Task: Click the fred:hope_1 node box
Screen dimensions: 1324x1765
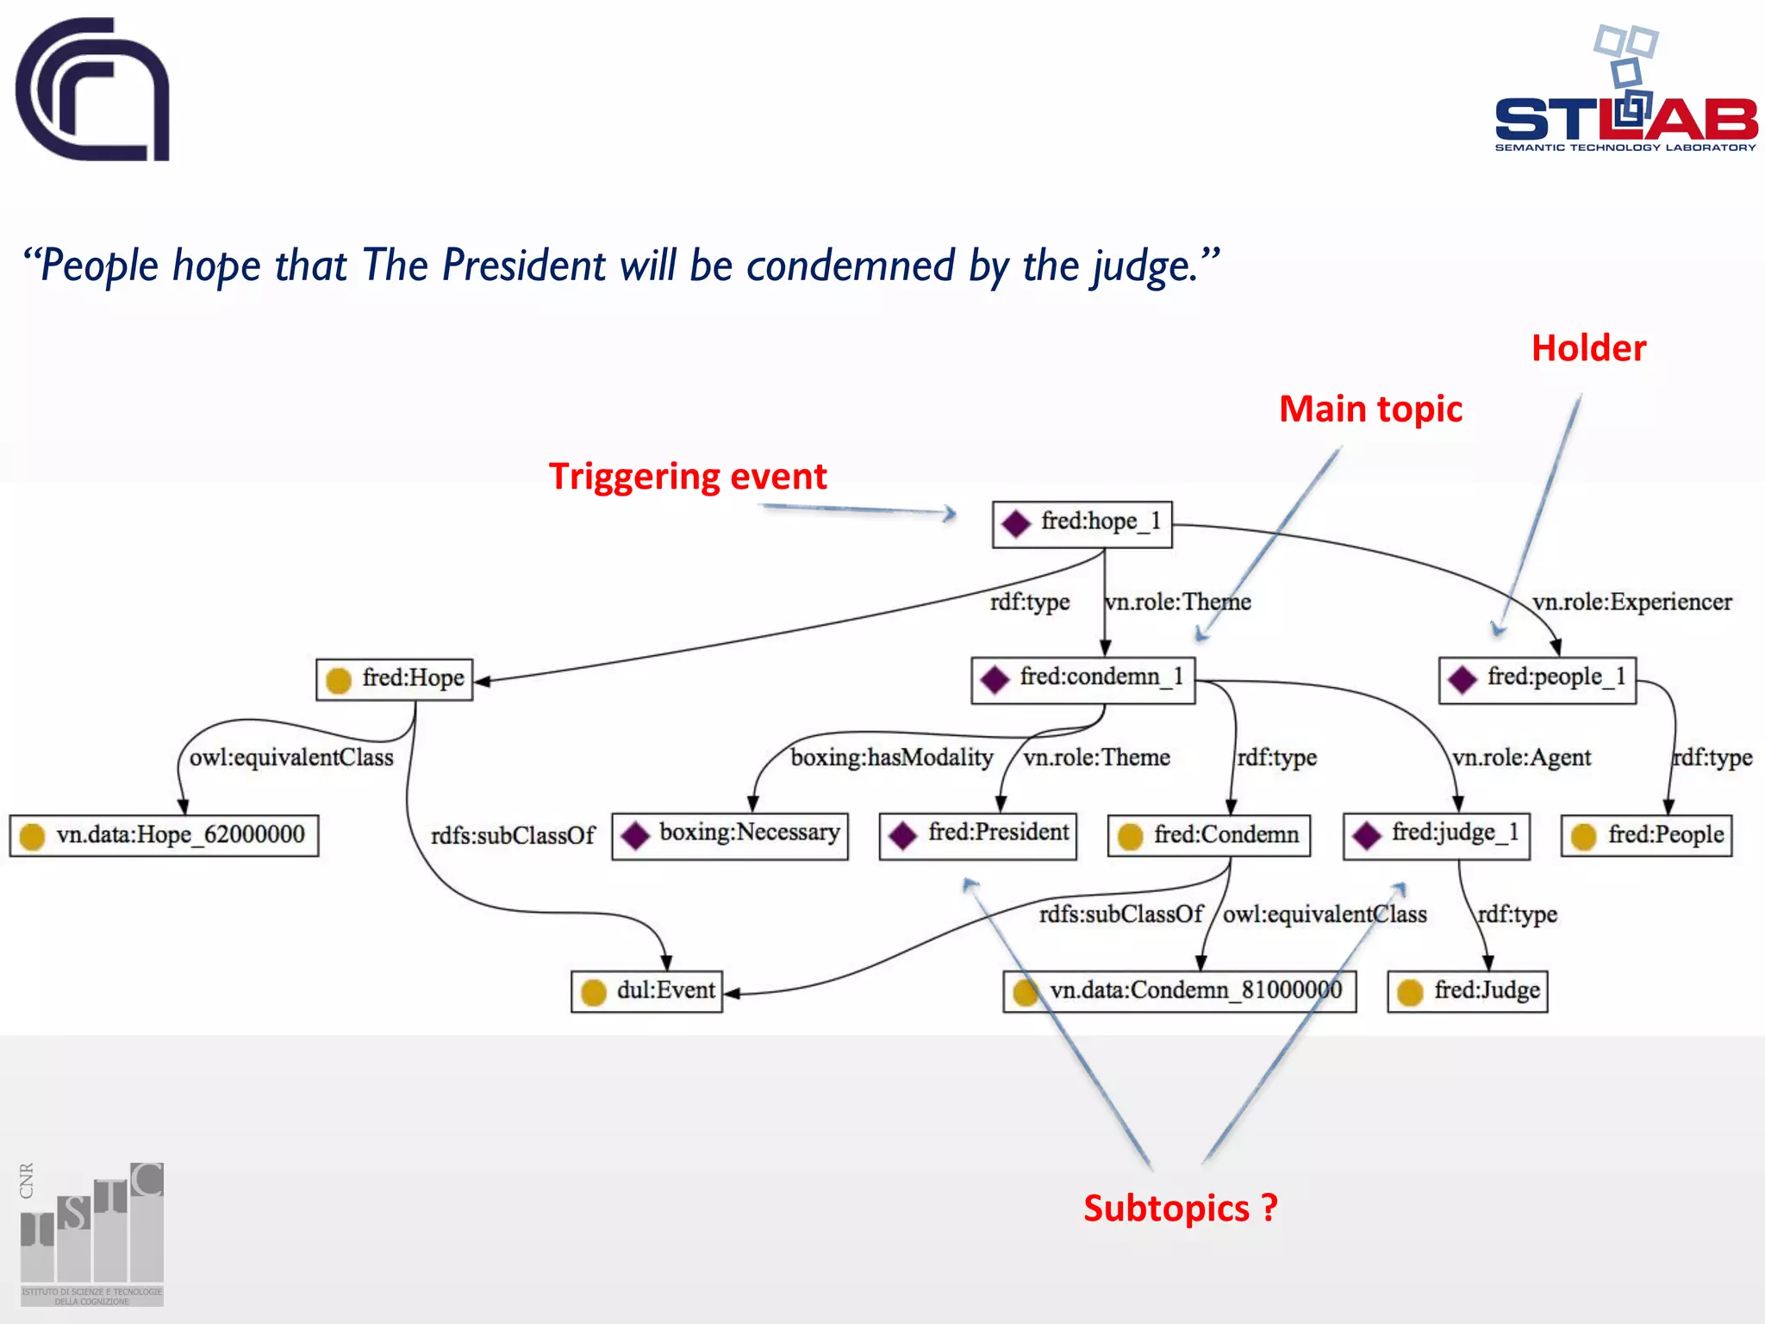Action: (x=1082, y=524)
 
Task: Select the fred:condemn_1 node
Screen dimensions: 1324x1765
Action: (x=1082, y=680)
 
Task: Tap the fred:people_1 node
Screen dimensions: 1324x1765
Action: (x=1537, y=680)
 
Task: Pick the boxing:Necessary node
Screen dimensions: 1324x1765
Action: (x=729, y=835)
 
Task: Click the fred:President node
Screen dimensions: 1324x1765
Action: (x=977, y=835)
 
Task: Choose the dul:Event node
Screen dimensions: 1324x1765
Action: (x=646, y=991)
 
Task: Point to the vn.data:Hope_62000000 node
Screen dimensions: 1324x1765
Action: (x=164, y=835)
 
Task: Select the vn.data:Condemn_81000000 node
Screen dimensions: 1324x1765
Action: (x=1179, y=991)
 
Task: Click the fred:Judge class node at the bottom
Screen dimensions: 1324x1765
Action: (x=1467, y=991)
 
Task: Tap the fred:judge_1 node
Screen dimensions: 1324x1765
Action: (x=1436, y=835)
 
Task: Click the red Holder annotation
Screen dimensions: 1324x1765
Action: (x=1588, y=348)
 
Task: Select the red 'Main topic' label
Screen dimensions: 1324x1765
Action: (x=1370, y=409)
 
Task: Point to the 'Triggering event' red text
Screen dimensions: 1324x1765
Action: (x=687, y=477)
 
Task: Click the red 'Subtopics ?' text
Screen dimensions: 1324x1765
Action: (x=1180, y=1208)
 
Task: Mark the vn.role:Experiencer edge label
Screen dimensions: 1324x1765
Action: (x=1631, y=602)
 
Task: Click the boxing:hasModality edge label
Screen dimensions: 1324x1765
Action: (x=891, y=758)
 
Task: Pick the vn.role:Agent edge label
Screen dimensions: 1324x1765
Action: (x=1521, y=758)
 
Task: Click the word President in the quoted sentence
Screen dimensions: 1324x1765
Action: (x=524, y=265)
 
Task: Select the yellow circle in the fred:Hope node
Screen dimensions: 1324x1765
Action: (x=339, y=680)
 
